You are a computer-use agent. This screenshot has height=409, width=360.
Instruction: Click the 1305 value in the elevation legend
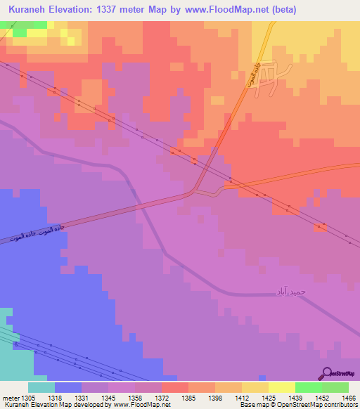coord(27,398)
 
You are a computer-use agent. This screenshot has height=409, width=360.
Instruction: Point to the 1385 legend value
coord(188,398)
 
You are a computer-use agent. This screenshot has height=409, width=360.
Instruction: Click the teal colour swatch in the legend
coord(41,387)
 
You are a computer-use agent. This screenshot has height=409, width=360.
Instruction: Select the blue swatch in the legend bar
coord(67,387)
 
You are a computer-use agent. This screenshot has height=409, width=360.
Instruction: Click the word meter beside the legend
coord(8,398)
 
